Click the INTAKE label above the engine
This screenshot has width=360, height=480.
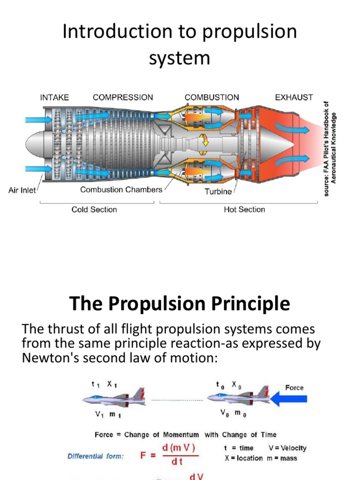pos(54,97)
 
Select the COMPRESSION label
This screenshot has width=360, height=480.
pos(123,97)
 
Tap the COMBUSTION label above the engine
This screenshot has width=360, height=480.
pos(212,97)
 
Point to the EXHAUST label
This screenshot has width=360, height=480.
pos(294,97)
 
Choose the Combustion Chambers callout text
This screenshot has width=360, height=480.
pos(121,190)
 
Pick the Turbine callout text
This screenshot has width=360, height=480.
pos(218,191)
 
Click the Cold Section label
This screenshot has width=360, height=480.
pos(94,210)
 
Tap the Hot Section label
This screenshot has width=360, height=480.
pos(244,210)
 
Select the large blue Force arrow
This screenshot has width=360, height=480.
pos(290,399)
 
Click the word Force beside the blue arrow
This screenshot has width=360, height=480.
pos(294,388)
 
